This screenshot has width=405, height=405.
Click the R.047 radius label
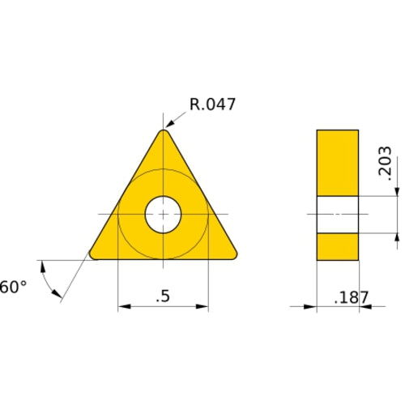pyautogui.click(x=213, y=104)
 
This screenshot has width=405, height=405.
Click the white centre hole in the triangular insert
pyautogui.click(x=164, y=215)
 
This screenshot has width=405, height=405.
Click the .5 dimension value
pyautogui.click(x=163, y=296)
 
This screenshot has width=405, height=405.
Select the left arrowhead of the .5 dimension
pyautogui.click(x=124, y=307)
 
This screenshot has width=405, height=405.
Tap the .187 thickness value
pyautogui.click(x=352, y=297)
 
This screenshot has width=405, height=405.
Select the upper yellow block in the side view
pyautogui.click(x=337, y=162)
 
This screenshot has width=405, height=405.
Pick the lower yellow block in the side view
pyautogui.click(x=337, y=246)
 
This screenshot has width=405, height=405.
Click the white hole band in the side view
pyautogui.click(x=337, y=215)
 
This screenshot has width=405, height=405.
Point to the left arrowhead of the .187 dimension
pyautogui.click(x=310, y=307)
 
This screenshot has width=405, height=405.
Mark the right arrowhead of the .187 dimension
pyautogui.click(x=364, y=307)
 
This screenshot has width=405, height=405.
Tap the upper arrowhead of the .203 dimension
pyautogui.click(x=397, y=191)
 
